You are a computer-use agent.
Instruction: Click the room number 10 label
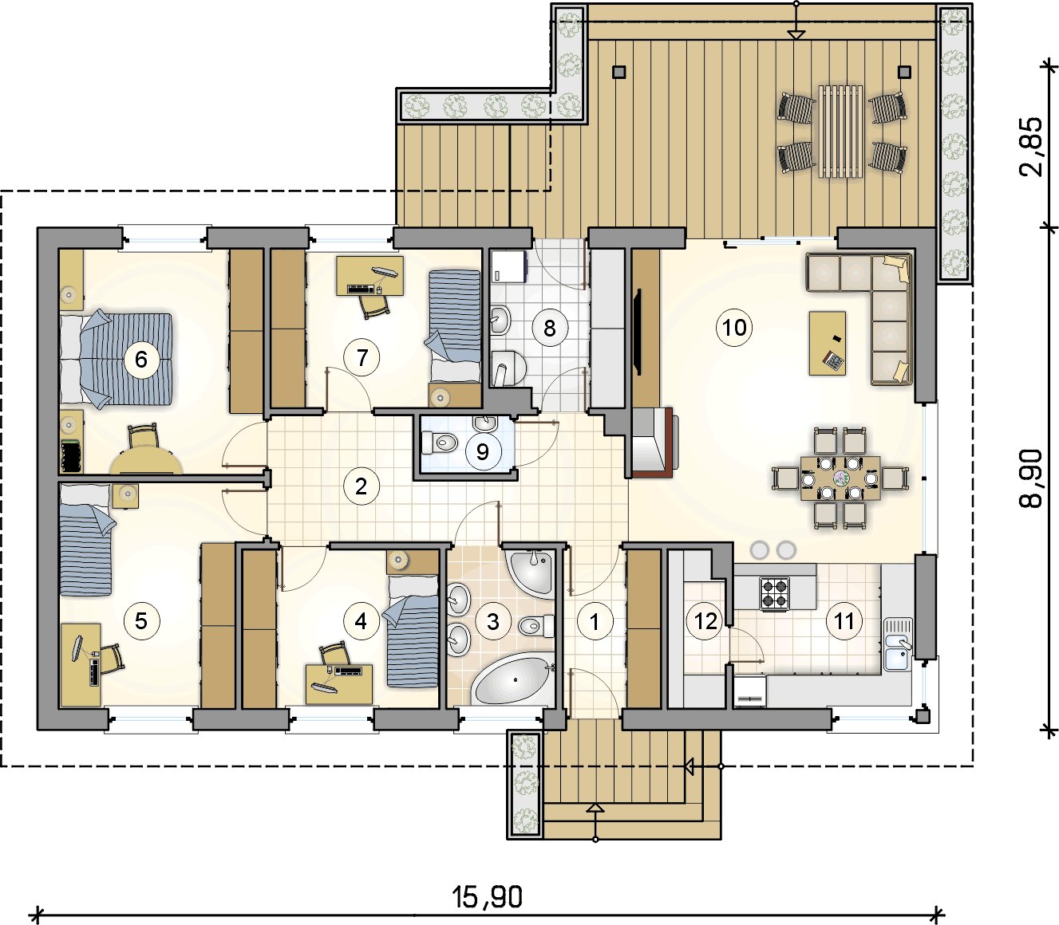coord(734,327)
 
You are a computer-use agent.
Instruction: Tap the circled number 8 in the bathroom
coord(550,327)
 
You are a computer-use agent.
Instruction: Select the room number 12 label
coord(705,621)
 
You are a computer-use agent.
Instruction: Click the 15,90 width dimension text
coord(488,897)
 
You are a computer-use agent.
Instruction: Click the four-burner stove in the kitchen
coord(774,592)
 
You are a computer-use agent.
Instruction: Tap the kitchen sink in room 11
coord(898,644)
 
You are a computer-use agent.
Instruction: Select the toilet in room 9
coord(440,443)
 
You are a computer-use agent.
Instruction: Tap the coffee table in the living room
coord(827,343)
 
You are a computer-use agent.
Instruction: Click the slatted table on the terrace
coord(840,132)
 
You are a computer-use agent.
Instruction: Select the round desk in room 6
coord(146,462)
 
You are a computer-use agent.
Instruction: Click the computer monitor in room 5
coord(77,647)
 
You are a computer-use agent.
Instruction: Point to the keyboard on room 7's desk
coord(361,289)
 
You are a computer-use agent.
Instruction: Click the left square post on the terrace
coord(619,72)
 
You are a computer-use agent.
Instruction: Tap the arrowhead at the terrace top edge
coord(796,34)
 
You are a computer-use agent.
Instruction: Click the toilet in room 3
coord(536,626)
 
